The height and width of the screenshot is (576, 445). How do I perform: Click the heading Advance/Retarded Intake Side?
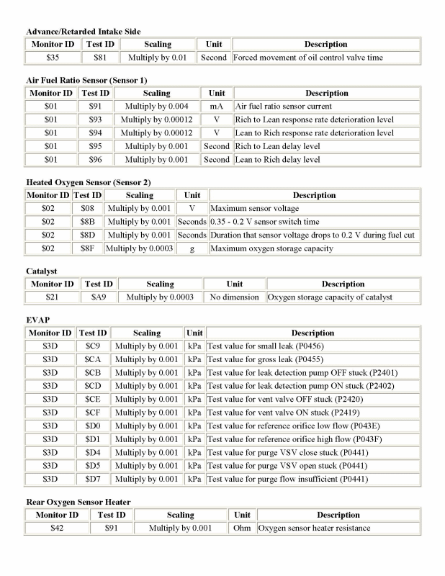point(84,31)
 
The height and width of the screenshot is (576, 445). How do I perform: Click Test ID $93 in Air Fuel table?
point(95,120)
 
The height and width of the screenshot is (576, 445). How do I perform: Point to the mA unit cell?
point(216,106)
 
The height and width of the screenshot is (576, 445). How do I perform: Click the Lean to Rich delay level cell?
point(277,160)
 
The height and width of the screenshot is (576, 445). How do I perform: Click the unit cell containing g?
point(192,248)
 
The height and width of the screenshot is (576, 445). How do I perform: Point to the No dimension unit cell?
point(235,297)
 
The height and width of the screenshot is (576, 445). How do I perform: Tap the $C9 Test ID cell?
point(92,346)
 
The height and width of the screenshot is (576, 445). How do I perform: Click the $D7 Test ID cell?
point(92,479)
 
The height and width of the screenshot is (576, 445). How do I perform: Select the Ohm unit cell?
point(241,528)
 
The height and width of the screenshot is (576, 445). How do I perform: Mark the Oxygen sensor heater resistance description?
point(315,528)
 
